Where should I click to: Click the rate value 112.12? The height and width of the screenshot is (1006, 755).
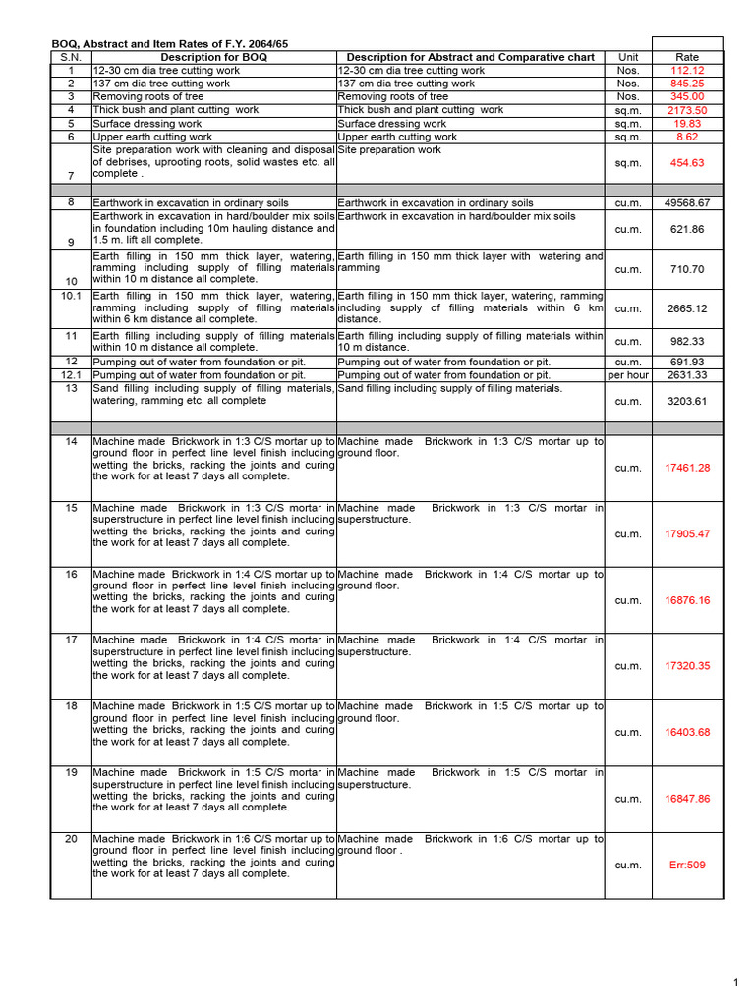(x=687, y=71)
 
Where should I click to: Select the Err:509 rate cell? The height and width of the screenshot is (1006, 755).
(x=687, y=866)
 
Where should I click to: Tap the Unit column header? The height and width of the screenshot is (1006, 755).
(x=628, y=57)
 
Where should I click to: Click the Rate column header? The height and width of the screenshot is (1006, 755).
(x=687, y=57)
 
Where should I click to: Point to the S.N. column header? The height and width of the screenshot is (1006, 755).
(x=71, y=57)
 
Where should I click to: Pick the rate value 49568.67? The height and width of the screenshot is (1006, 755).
(x=687, y=203)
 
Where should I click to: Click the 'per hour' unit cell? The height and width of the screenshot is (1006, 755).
(x=628, y=375)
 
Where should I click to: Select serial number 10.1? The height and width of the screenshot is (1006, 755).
(x=71, y=295)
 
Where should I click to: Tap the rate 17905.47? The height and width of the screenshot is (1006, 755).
(x=687, y=534)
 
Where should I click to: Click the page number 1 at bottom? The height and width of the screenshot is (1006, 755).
(x=735, y=983)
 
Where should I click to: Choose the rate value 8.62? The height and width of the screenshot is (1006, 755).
(x=687, y=138)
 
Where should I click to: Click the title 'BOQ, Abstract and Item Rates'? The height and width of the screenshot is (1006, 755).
(x=170, y=44)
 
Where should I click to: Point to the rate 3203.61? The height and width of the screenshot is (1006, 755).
(x=687, y=402)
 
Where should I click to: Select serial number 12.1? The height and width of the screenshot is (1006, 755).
(x=71, y=375)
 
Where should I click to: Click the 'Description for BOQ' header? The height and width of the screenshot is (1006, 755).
(x=213, y=57)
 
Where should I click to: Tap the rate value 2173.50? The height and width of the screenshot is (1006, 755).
(x=687, y=111)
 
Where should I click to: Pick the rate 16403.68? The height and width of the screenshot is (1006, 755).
(x=687, y=733)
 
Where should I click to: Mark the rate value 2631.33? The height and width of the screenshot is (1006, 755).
(x=687, y=375)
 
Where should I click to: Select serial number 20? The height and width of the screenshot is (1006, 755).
(x=71, y=839)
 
